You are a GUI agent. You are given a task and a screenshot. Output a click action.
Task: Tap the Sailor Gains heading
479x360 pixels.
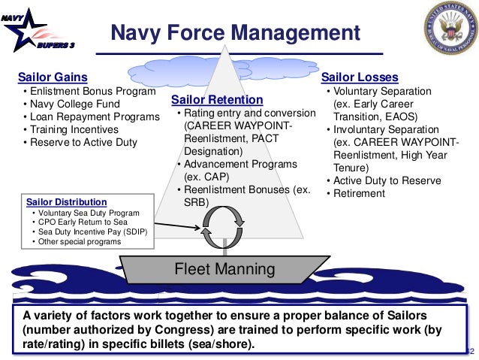[52, 77]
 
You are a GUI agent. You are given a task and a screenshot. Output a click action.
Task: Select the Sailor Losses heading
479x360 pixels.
[360, 77]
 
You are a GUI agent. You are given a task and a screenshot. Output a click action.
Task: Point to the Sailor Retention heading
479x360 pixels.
[217, 100]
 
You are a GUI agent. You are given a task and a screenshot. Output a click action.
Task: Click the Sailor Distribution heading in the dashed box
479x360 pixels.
[66, 202]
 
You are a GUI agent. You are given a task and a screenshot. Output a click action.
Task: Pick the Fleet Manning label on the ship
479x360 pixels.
[224, 268]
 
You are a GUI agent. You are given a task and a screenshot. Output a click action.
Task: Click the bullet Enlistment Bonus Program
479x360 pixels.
[87, 92]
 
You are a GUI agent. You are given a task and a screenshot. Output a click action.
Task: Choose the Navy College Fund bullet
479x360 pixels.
[75, 104]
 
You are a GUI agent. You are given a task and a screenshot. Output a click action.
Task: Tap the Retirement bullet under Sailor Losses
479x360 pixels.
[359, 193]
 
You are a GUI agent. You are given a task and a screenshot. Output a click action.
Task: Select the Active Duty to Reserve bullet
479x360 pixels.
[387, 180]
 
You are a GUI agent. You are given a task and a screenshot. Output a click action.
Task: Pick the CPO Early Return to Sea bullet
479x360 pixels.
[81, 222]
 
